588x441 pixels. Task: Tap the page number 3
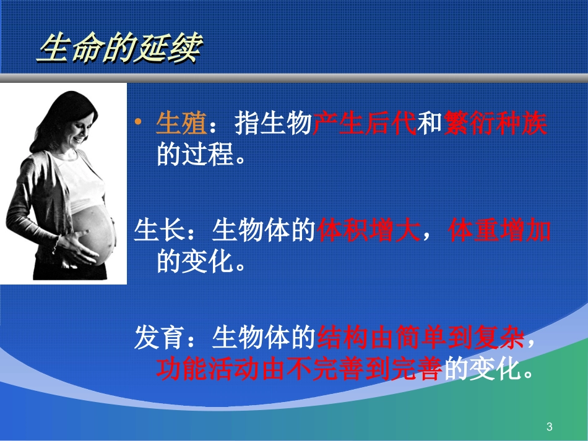tap(549, 427)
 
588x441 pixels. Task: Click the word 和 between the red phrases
tap(430, 124)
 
